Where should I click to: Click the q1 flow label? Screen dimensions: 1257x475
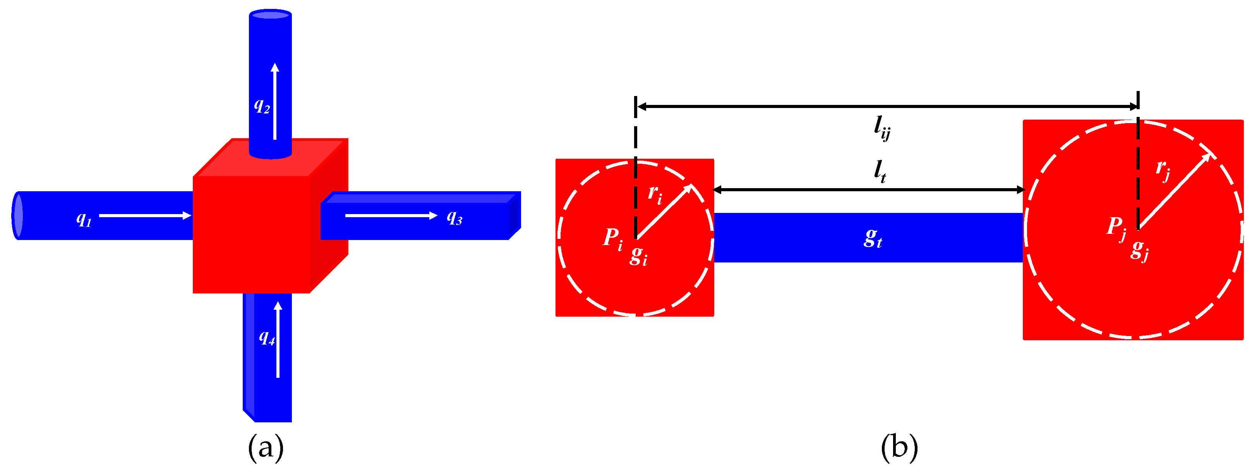pos(84,219)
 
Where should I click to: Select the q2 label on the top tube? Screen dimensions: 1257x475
pos(262,105)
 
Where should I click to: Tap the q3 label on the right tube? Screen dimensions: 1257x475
pos(454,217)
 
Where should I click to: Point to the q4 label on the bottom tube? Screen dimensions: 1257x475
pos(267,337)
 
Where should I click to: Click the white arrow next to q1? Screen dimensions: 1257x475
pos(145,215)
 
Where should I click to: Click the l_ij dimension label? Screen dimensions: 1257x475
pos(882,128)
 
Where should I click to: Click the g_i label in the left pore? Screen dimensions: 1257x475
pos(638,256)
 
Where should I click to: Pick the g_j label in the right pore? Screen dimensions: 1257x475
pos(1139,250)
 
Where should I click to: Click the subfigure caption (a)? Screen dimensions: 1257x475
pos(266,447)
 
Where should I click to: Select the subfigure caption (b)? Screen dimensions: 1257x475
pos(899,447)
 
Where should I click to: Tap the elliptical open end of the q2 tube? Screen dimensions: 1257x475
pos(270,15)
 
